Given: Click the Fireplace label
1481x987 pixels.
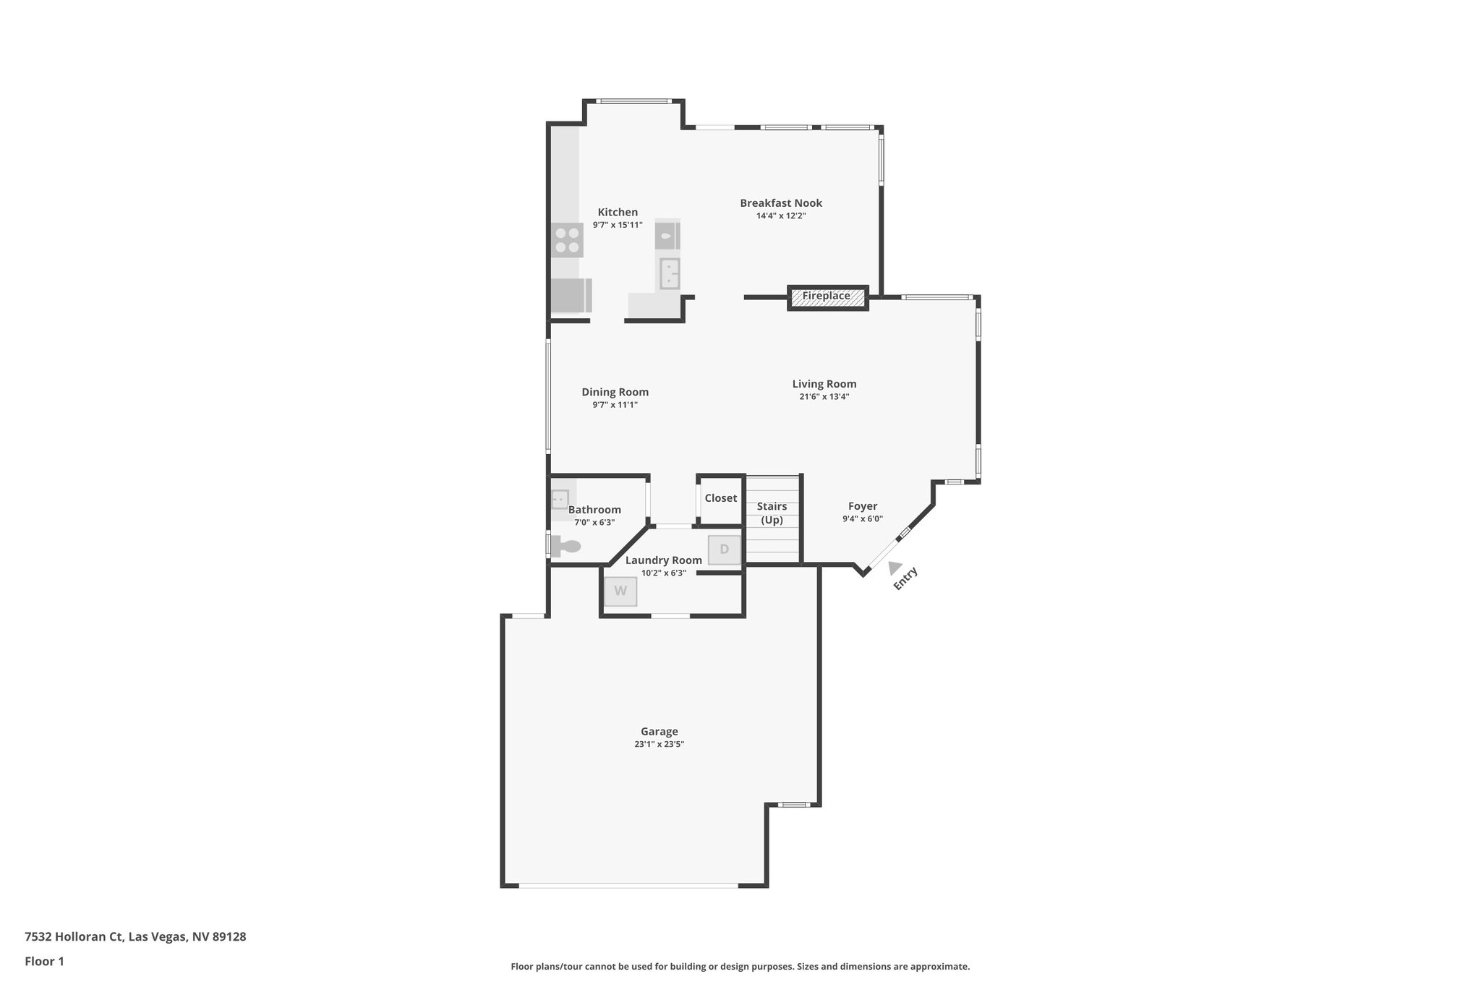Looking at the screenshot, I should (826, 296).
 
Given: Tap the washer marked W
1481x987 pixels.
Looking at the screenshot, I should (620, 591).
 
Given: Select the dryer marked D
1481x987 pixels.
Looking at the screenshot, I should (724, 550).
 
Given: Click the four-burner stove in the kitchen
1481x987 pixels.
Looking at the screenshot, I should (567, 240).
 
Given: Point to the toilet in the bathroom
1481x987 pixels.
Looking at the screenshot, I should (565, 545).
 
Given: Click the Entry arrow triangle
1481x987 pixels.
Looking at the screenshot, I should (895, 568).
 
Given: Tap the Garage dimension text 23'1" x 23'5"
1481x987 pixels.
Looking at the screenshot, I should (659, 744).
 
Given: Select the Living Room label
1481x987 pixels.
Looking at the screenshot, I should (824, 384).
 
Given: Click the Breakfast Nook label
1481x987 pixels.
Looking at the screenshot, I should (781, 203).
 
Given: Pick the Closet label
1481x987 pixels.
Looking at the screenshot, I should (720, 498).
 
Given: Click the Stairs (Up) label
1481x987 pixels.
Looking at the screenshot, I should (772, 513).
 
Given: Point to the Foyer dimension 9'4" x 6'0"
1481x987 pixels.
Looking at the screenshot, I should (862, 519).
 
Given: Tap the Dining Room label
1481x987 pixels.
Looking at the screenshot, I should (615, 392).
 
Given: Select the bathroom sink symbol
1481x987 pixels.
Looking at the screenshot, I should (560, 499).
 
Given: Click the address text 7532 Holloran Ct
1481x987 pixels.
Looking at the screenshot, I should (135, 937).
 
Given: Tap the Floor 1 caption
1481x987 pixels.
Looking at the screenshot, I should (44, 962).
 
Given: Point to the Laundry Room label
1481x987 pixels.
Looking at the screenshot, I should (663, 560).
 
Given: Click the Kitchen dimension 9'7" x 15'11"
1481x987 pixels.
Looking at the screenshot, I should (618, 225).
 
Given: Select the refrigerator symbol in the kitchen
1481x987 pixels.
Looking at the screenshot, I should (569, 295).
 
